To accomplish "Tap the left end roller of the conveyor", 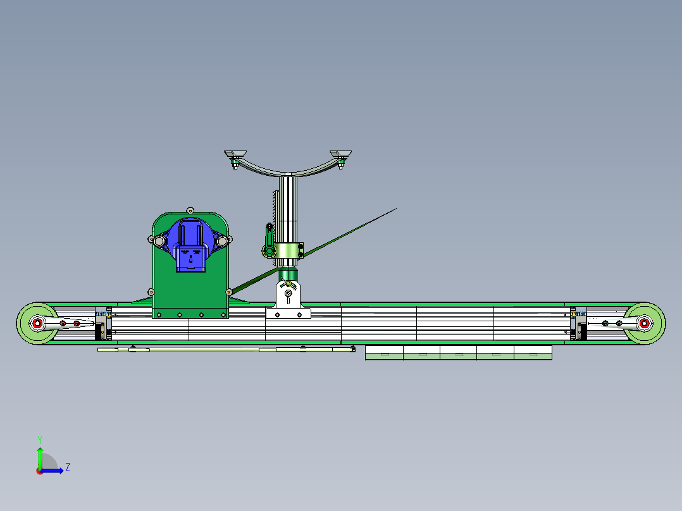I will (x=36, y=324).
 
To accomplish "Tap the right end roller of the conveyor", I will (x=645, y=324).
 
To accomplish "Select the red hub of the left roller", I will (x=37, y=324).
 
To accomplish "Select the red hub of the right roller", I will (x=644, y=324).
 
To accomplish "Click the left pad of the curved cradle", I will (x=236, y=156).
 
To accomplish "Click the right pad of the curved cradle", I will (x=342, y=155).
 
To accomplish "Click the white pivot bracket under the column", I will (x=288, y=300).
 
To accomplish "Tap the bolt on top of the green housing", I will (x=190, y=210).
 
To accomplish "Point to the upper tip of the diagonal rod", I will (x=395, y=209).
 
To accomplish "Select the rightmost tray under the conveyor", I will (x=533, y=353).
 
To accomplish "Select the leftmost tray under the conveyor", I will (x=384, y=353).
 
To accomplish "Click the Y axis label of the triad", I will (x=39, y=439).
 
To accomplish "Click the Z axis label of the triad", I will (x=67, y=467).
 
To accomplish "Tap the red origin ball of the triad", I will (x=40, y=471).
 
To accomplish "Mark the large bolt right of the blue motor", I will (x=222, y=240).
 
